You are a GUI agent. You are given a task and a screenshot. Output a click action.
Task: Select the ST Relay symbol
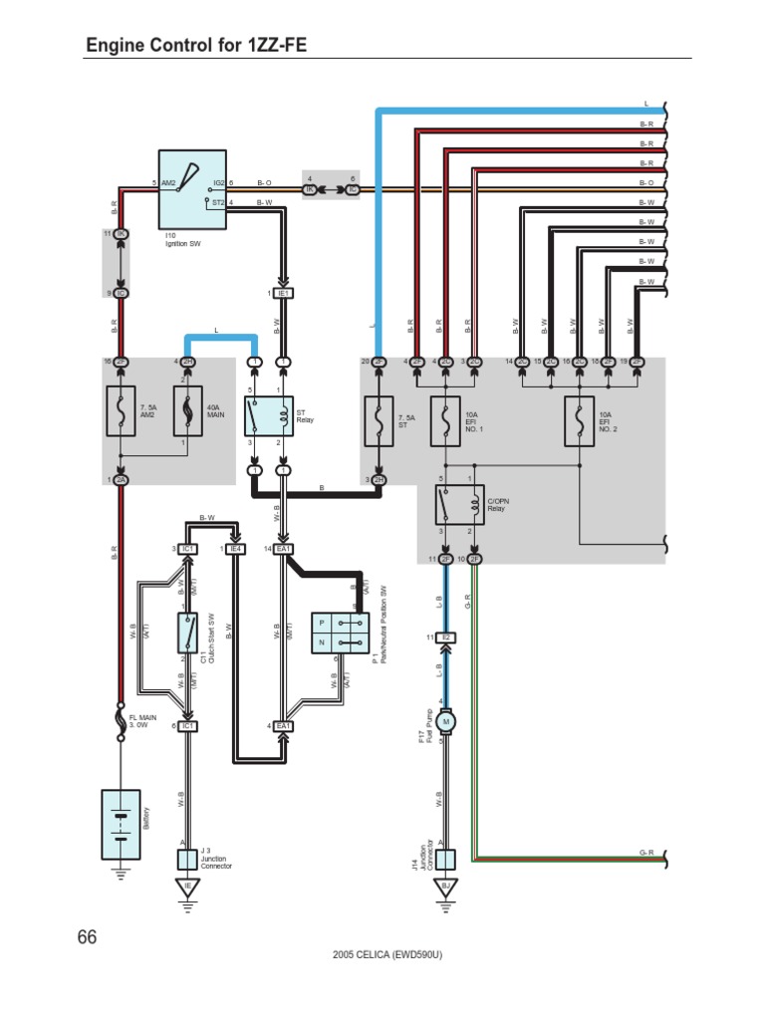[x=269, y=415]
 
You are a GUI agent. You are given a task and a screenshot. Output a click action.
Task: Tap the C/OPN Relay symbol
[x=458, y=505]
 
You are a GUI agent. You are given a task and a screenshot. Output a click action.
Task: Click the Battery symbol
[x=122, y=824]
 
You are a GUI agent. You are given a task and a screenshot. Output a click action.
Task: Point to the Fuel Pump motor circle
[x=446, y=720]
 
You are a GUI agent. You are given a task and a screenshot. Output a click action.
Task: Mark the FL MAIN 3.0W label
[x=142, y=721]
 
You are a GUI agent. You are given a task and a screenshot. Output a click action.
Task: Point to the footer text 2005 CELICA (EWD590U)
[x=387, y=954]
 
